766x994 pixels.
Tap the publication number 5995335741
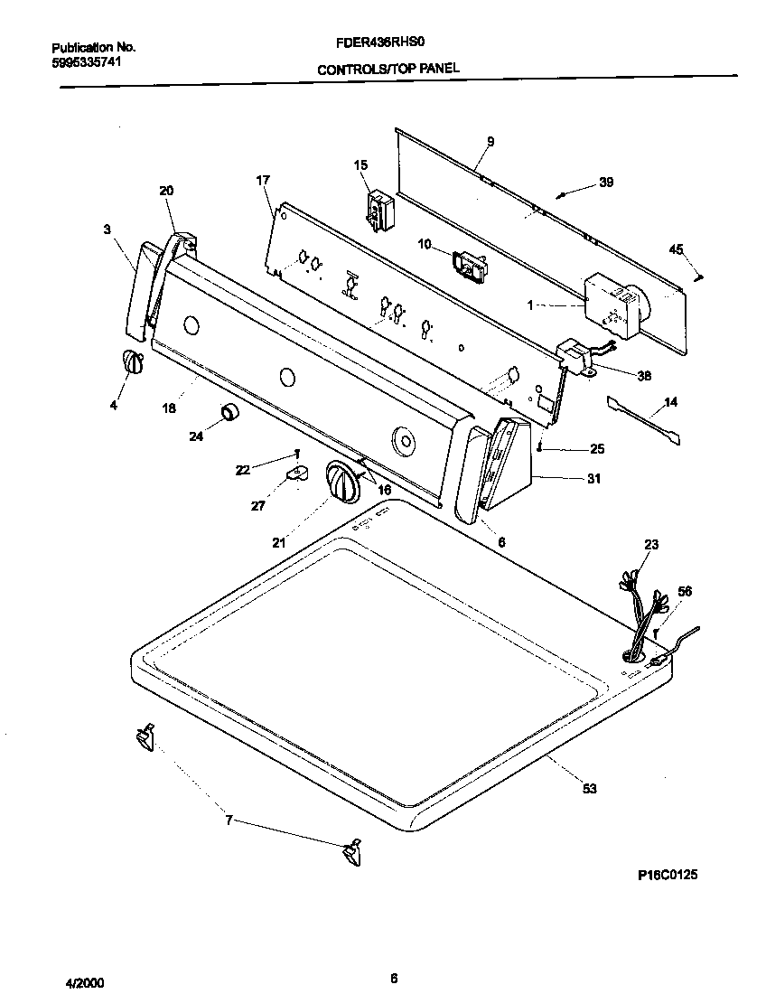tap(86, 61)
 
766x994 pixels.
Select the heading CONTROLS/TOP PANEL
tap(388, 69)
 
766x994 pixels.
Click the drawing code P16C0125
tap(668, 875)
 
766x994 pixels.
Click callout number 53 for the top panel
tap(589, 789)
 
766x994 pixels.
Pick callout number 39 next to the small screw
tap(606, 183)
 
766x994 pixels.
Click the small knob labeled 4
tap(132, 361)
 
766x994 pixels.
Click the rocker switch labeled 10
tap(470, 265)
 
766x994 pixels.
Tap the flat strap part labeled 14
tap(644, 420)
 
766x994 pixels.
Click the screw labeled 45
tap(699, 275)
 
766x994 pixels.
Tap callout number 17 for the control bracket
tap(263, 180)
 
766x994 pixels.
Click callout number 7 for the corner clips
tap(229, 821)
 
